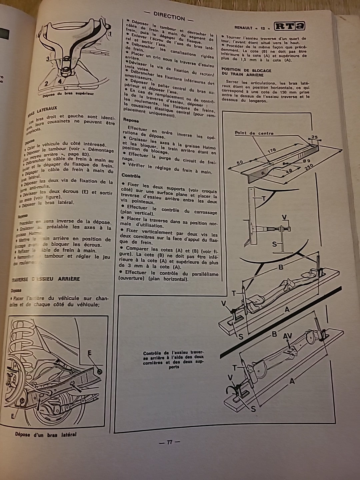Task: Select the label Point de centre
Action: pos(254,133)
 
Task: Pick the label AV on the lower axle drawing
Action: pos(287,337)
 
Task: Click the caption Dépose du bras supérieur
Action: pos(68,94)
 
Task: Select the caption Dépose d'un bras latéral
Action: pos(46,434)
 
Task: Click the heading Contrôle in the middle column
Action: pos(131,176)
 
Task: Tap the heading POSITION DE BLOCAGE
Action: pos(246,71)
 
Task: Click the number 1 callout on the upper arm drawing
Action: pos(110,34)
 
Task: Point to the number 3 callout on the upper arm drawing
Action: pos(48,59)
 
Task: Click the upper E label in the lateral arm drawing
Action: pos(90,353)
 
